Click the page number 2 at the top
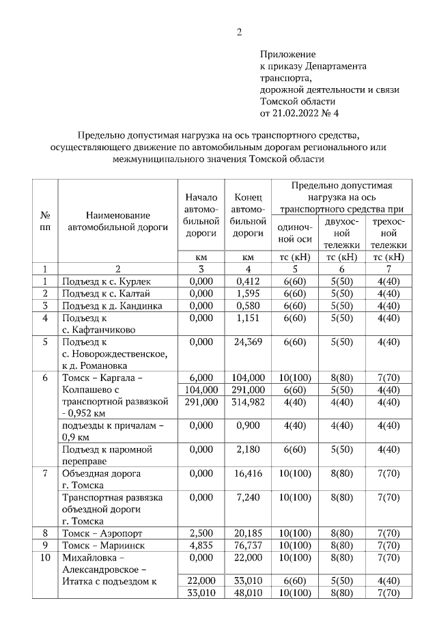pyautogui.click(x=239, y=32)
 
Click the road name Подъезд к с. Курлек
pyautogui.click(x=106, y=281)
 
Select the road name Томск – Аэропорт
pyautogui.click(x=102, y=533)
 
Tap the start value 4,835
pyautogui.click(x=201, y=545)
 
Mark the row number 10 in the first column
pyautogui.click(x=45, y=557)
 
